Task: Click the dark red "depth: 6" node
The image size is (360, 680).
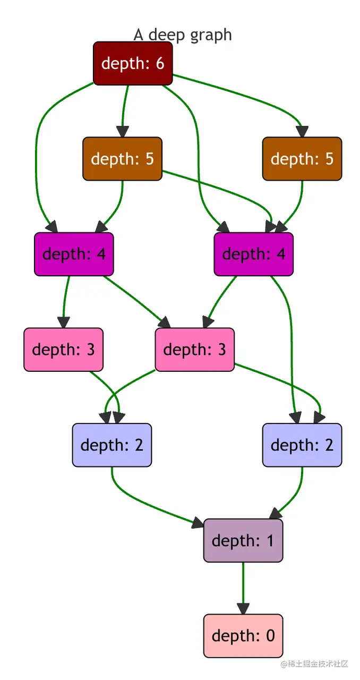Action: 133,63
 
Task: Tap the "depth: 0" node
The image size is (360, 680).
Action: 243,636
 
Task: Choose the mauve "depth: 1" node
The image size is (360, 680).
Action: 243,540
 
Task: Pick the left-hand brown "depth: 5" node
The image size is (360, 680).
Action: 122,159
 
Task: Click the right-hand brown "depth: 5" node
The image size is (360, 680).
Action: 302,159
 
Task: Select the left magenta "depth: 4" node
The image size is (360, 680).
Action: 74,254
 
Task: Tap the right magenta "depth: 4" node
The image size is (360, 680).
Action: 253,254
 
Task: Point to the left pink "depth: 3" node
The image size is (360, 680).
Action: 63,349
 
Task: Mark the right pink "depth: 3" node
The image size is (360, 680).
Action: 194,349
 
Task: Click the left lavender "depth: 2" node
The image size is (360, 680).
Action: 112,445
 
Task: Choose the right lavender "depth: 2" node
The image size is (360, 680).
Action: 302,445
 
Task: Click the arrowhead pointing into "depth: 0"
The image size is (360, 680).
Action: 243,609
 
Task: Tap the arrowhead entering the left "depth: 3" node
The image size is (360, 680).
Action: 64,322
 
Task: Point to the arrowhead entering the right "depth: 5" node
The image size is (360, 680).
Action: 302,131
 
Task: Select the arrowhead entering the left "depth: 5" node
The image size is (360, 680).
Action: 123,131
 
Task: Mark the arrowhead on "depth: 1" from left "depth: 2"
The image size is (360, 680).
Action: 197,523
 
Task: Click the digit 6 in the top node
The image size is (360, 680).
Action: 160,63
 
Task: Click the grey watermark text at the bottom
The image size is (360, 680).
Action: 314,664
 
